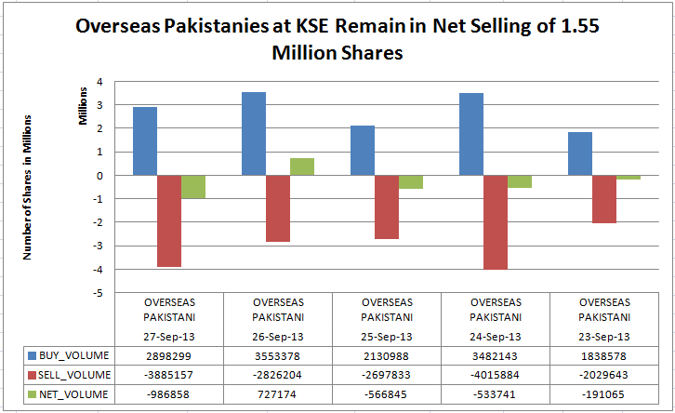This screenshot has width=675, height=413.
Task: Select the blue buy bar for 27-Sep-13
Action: click(x=144, y=140)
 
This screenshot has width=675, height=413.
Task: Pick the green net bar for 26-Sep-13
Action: click(x=302, y=167)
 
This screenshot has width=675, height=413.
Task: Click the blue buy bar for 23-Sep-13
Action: click(x=580, y=153)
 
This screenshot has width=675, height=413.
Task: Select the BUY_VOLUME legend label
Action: click(x=75, y=355)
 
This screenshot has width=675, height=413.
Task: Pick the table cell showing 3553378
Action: click(x=278, y=355)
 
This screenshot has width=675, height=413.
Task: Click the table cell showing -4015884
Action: click(x=496, y=374)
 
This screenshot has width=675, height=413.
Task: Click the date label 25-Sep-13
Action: click(x=387, y=336)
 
